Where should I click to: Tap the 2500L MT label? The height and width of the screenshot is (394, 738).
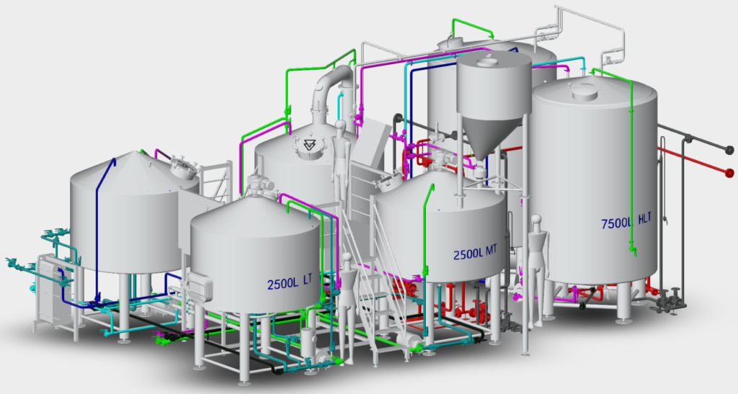click(x=476, y=254)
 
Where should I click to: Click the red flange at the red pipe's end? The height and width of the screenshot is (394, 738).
click(x=730, y=174)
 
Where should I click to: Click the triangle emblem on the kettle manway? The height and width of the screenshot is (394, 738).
click(x=308, y=146)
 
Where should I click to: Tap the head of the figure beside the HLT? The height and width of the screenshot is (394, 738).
click(x=535, y=221)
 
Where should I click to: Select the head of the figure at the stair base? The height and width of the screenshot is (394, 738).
click(x=347, y=258)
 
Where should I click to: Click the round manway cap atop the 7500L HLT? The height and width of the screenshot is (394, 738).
click(x=584, y=91)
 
